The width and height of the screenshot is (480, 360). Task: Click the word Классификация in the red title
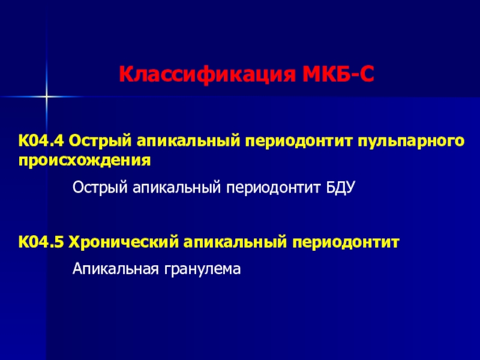click(208, 74)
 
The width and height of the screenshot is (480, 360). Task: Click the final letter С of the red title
click(365, 74)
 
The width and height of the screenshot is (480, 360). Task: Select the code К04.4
click(41, 141)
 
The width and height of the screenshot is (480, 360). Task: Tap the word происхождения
click(85, 161)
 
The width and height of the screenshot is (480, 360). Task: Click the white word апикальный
click(176, 187)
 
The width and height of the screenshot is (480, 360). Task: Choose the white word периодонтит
click(274, 188)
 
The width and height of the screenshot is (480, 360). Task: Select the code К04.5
click(41, 242)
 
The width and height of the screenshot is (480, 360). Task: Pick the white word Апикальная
click(116, 269)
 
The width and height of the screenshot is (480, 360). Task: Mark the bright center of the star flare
click(46, 97)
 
